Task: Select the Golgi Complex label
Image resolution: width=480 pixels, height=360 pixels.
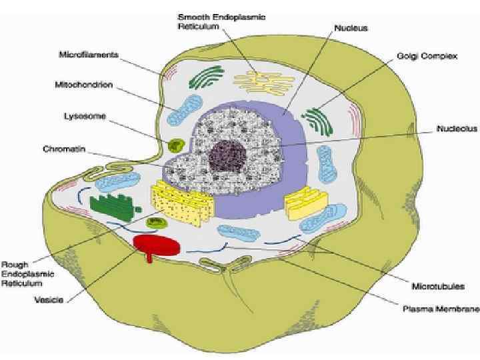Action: (426, 57)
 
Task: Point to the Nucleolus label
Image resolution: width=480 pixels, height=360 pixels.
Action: (456, 128)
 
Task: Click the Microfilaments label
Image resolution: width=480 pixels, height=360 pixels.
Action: (89, 55)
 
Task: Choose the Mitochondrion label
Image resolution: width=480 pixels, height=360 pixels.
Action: (83, 85)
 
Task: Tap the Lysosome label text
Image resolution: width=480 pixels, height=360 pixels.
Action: (83, 116)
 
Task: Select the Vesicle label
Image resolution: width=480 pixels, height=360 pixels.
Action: (49, 300)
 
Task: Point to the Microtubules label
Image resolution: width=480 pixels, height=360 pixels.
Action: (438, 287)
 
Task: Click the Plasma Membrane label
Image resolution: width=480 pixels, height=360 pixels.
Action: (441, 309)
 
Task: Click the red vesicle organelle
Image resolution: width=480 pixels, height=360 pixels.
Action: (157, 245)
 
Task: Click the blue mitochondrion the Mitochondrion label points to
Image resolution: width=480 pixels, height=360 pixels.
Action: (183, 111)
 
